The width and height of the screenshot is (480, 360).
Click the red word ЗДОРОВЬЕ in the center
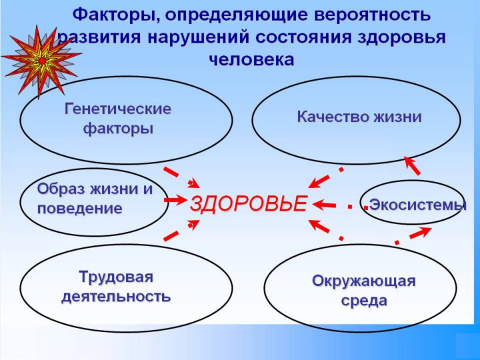click(248, 203)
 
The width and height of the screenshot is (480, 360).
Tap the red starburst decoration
click(41, 61)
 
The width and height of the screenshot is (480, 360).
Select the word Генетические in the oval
click(118, 109)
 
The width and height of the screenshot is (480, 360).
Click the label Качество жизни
click(359, 117)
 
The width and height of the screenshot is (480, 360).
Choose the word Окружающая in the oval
click(364, 281)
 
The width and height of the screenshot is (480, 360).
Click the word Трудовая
click(116, 277)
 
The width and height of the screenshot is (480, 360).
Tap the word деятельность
click(116, 297)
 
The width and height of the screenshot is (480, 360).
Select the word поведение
click(79, 209)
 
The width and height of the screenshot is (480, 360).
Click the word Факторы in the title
click(116, 15)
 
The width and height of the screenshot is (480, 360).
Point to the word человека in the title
click(252, 59)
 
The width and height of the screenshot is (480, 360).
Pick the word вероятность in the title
click(373, 15)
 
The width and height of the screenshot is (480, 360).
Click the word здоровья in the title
click(401, 37)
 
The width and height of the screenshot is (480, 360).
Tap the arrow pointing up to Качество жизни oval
click(412, 165)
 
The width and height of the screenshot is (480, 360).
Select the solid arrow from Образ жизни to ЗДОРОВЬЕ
click(175, 200)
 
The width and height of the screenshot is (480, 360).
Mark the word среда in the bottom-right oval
click(364, 301)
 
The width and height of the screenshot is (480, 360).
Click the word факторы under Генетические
click(118, 129)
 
